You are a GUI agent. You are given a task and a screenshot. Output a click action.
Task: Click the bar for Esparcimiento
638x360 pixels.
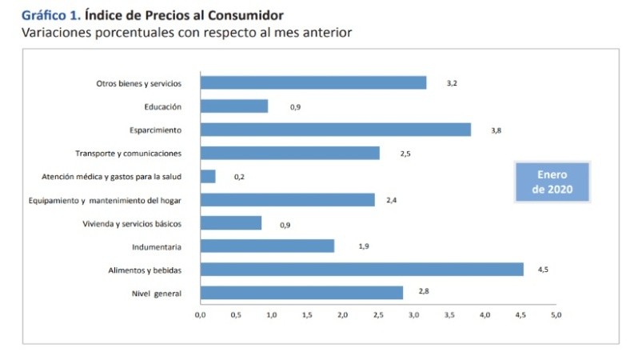[x=335, y=130]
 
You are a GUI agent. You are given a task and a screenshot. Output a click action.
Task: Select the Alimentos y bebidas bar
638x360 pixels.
[x=361, y=270]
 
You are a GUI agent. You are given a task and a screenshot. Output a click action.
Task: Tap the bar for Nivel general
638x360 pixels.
[x=301, y=293]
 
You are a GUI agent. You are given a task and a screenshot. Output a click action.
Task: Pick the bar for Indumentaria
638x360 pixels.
[x=267, y=246]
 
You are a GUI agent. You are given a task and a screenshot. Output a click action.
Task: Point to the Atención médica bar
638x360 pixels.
[x=208, y=176]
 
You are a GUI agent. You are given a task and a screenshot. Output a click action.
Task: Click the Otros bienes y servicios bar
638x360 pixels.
[x=313, y=82]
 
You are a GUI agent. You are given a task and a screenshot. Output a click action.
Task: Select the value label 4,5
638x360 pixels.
[x=543, y=270]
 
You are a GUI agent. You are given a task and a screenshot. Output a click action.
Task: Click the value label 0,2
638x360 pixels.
[x=239, y=177]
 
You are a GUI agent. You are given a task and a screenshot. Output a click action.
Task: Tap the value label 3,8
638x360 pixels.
[x=496, y=130]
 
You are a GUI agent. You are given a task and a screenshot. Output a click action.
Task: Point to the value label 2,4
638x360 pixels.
[x=392, y=200]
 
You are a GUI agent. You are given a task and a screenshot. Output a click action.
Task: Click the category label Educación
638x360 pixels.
[x=163, y=106]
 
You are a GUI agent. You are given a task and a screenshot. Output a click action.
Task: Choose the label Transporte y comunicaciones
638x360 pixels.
[x=129, y=153]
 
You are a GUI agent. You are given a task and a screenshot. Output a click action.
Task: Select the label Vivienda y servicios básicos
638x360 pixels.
[x=132, y=223]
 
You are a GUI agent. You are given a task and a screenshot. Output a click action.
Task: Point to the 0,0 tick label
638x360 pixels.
[x=201, y=315]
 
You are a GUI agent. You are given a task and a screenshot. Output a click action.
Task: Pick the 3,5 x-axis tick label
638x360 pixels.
[x=449, y=315]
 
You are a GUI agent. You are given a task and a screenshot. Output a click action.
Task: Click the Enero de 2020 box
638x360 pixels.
[x=551, y=182]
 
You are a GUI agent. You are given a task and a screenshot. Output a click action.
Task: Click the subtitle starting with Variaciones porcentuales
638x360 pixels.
[x=187, y=33]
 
